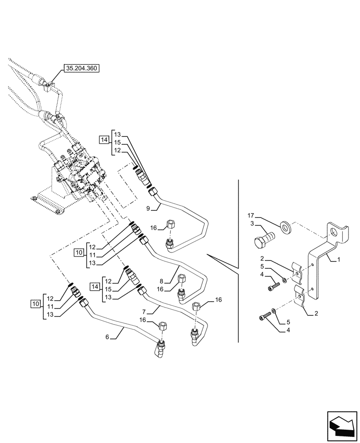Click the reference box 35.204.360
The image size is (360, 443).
click(82, 68)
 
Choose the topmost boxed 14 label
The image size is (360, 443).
click(104, 140)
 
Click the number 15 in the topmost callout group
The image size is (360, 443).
click(117, 142)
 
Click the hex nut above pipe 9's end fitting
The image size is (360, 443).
click(170, 224)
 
